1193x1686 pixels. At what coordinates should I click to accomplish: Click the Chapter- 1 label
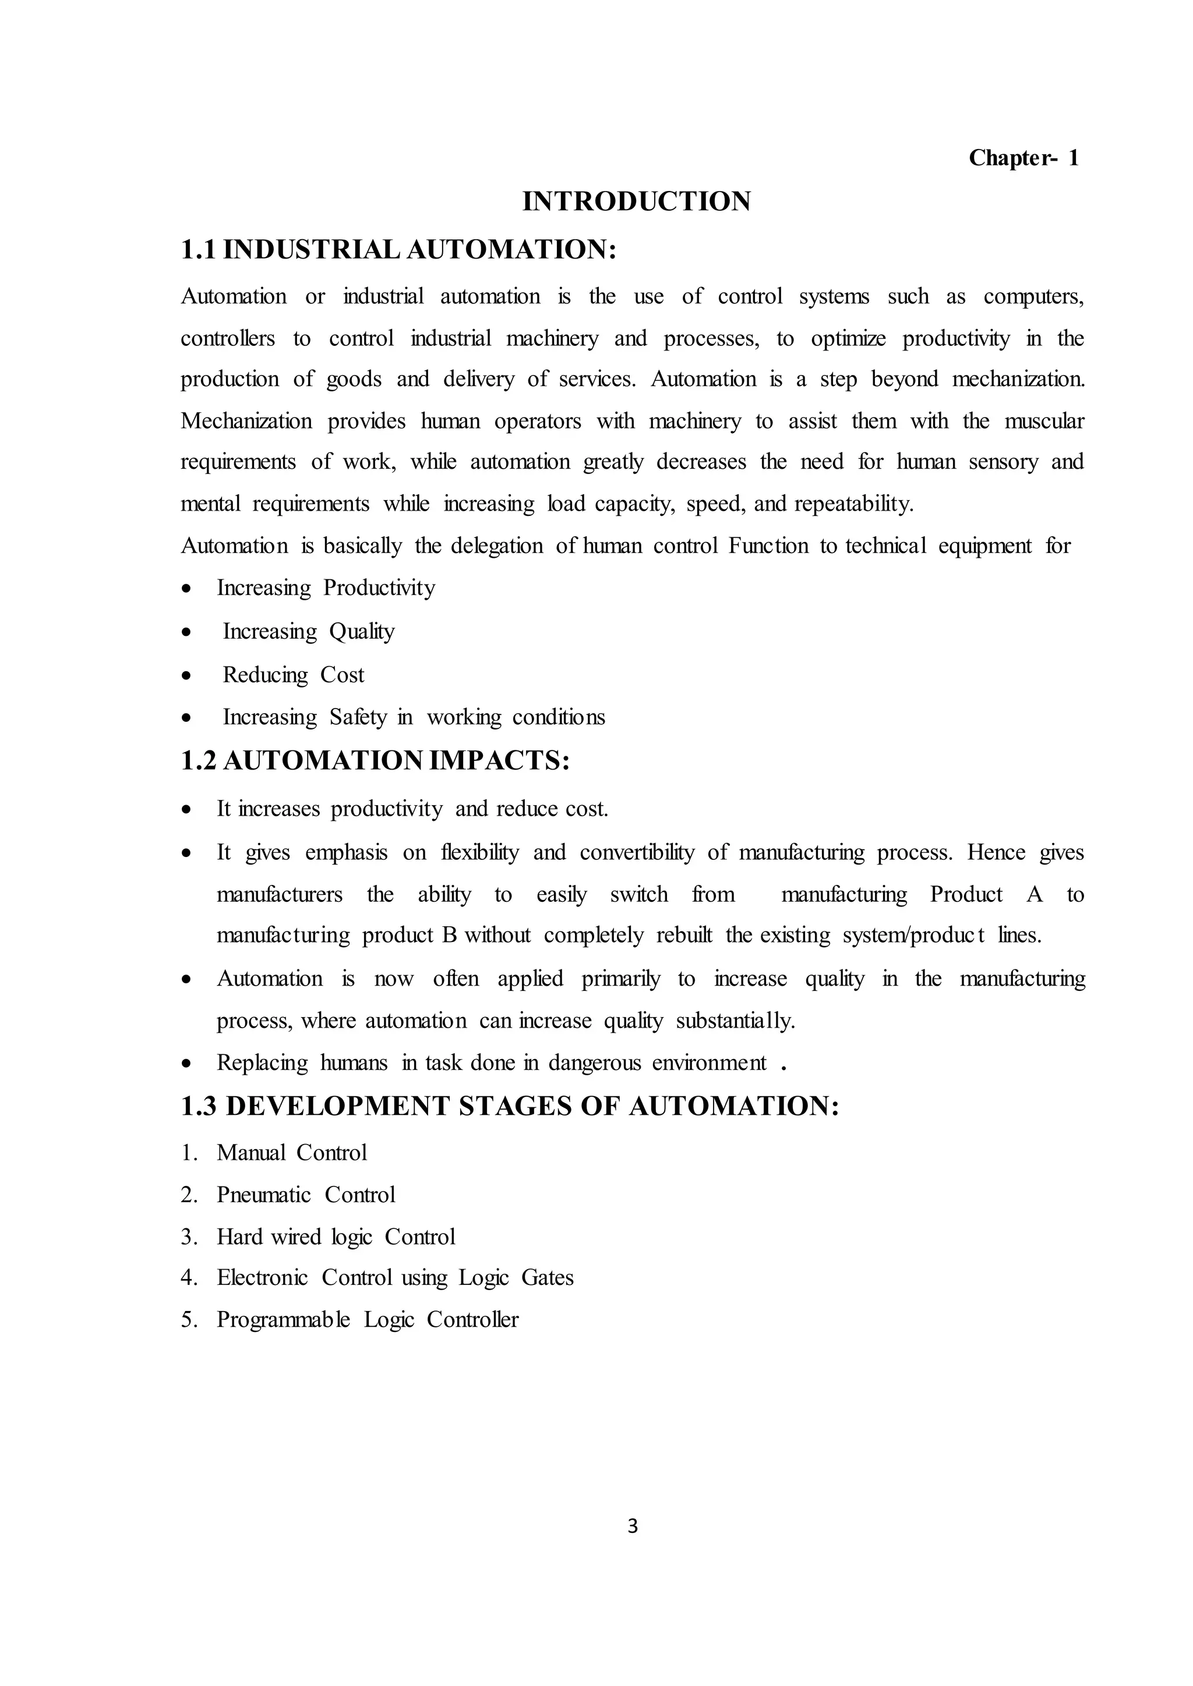point(1023,158)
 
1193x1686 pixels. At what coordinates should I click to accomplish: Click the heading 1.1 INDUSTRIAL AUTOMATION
point(398,250)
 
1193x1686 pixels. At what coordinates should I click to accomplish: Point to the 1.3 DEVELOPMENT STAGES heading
point(510,1106)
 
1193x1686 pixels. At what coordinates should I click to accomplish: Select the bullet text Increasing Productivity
point(326,588)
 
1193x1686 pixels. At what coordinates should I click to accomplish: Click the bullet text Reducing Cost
point(293,675)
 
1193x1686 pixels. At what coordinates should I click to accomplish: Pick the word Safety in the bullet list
point(357,717)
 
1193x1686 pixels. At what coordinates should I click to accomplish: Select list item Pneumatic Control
point(306,1195)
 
